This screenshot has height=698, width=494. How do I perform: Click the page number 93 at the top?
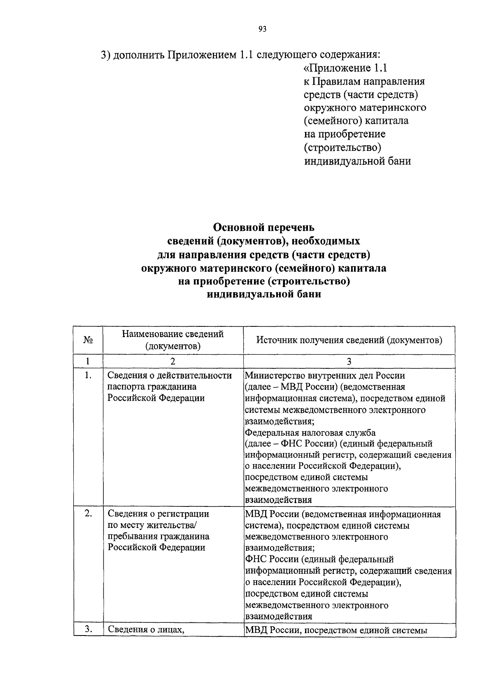pos(263,29)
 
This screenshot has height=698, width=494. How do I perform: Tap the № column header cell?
pos(88,340)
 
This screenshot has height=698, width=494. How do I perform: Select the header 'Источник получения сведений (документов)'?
pos(349,340)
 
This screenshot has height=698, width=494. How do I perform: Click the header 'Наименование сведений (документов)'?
pos(173,340)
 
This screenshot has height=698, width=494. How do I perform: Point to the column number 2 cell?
pos(173,361)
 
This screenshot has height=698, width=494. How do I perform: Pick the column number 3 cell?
pos(349,361)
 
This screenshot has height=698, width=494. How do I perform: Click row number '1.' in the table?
pos(87,375)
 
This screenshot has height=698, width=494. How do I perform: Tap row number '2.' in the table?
pos(88,514)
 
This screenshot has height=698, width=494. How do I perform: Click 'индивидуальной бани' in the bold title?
pos(263,295)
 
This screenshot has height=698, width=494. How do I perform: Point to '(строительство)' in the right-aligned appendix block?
pos(341,147)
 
